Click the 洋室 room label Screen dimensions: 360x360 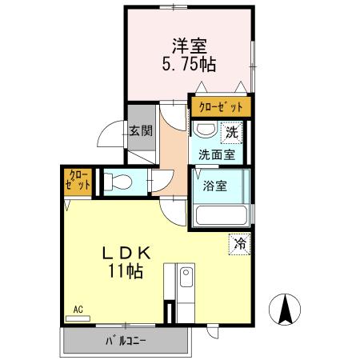190,46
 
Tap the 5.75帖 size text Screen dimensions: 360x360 189,64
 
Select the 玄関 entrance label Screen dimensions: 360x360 141,131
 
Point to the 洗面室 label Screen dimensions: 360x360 217,154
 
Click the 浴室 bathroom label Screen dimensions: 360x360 214,186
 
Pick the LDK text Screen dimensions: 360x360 127,253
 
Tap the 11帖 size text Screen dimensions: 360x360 126,271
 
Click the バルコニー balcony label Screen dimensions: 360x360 126,341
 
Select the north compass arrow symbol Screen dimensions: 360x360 285,310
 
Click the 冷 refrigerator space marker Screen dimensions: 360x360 240,244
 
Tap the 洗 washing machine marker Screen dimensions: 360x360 231,133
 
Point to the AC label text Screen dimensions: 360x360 78,310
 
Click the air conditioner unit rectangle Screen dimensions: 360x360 78,318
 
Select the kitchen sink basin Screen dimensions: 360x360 186,277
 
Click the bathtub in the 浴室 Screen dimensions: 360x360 222,215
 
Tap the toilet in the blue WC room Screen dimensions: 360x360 118,182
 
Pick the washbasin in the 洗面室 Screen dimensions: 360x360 205,130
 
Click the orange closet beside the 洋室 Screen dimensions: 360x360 221,106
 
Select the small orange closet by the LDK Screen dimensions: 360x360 78,182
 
